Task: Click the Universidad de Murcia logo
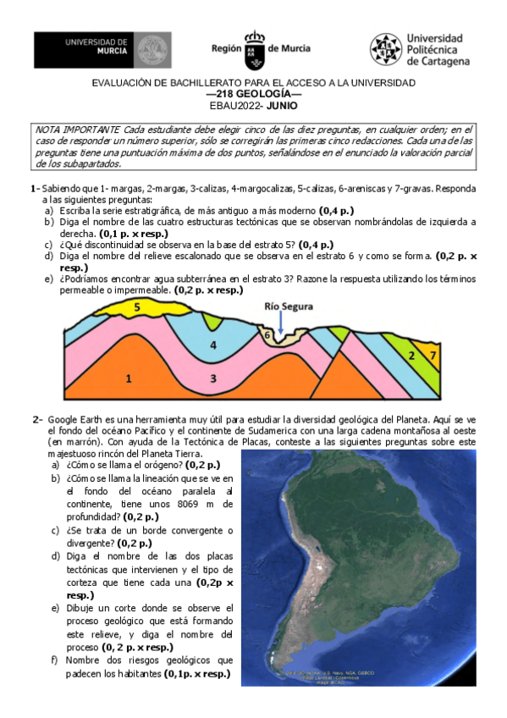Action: [102, 50]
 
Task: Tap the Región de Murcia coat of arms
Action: [254, 51]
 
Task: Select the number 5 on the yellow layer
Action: [136, 307]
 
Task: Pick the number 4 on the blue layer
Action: [213, 345]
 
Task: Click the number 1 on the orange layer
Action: [128, 378]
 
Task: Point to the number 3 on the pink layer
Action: [213, 378]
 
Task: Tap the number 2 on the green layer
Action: [411, 355]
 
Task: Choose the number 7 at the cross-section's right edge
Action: [433, 355]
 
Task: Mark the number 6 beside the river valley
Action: [267, 335]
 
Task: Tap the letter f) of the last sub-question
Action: [54, 660]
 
